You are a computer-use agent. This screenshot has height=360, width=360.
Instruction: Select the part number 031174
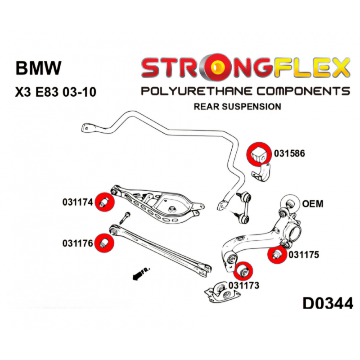coord(77,203)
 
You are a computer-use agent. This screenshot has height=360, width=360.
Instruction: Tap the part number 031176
coord(77,243)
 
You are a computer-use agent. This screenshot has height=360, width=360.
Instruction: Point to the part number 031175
coord(304,255)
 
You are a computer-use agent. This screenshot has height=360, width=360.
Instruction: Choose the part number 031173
coord(243,285)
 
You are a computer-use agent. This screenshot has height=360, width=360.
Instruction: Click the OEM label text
coord(312,204)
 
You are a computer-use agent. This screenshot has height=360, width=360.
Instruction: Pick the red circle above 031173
coord(244,270)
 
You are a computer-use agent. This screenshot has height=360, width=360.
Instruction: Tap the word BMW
coord(38,68)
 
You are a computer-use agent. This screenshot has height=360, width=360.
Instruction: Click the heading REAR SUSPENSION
coord(237,107)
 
